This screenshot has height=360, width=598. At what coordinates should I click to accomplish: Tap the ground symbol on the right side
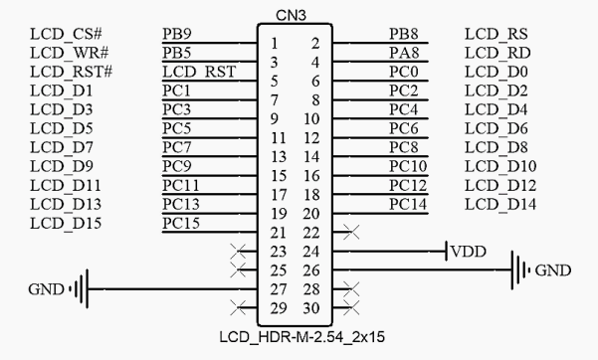(519, 270)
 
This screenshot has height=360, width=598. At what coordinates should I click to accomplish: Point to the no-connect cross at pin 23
(237, 251)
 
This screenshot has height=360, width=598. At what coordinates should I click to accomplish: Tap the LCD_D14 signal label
(500, 205)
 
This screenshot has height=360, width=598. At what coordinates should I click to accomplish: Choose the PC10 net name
(408, 165)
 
